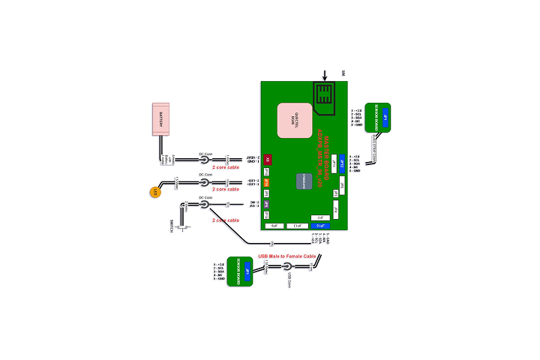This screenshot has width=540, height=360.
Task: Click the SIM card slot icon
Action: click(x=325, y=96)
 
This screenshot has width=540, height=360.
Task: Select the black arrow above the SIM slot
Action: click(x=325, y=75)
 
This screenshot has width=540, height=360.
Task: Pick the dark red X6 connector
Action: click(x=268, y=159)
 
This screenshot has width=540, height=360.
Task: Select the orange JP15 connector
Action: click(x=266, y=181)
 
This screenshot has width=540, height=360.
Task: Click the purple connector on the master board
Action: click(x=266, y=203)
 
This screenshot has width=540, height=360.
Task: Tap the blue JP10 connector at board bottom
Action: click(x=321, y=225)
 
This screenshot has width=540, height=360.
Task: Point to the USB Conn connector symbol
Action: click(x=286, y=266)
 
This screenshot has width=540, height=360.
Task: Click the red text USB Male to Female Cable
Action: click(x=286, y=256)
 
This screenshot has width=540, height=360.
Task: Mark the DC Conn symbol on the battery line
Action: click(x=203, y=160)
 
